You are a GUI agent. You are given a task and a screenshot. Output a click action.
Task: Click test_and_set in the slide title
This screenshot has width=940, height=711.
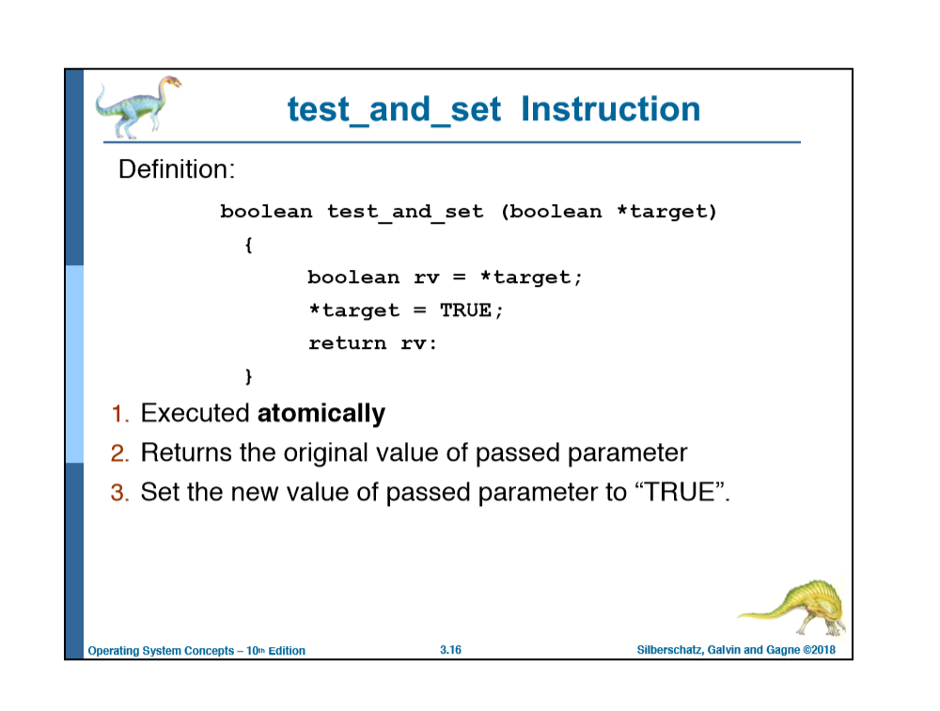point(395,110)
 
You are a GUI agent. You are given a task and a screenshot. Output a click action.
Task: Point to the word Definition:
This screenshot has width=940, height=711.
point(176,170)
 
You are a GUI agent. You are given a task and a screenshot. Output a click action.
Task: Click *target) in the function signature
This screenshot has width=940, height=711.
point(666,212)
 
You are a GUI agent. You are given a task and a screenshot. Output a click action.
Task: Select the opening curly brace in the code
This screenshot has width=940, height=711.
point(248,245)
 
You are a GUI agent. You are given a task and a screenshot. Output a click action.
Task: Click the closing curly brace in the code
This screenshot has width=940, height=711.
point(248,376)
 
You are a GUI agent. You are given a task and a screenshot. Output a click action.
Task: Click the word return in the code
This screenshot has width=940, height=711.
point(347,343)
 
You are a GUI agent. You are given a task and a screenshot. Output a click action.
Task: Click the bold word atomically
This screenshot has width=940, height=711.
point(321,414)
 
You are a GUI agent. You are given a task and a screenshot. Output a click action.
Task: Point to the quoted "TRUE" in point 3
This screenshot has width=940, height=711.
point(676,492)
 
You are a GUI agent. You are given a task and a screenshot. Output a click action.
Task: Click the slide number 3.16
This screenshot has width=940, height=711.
point(450,650)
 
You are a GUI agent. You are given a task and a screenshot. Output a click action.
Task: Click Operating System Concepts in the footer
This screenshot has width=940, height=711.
point(160,651)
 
